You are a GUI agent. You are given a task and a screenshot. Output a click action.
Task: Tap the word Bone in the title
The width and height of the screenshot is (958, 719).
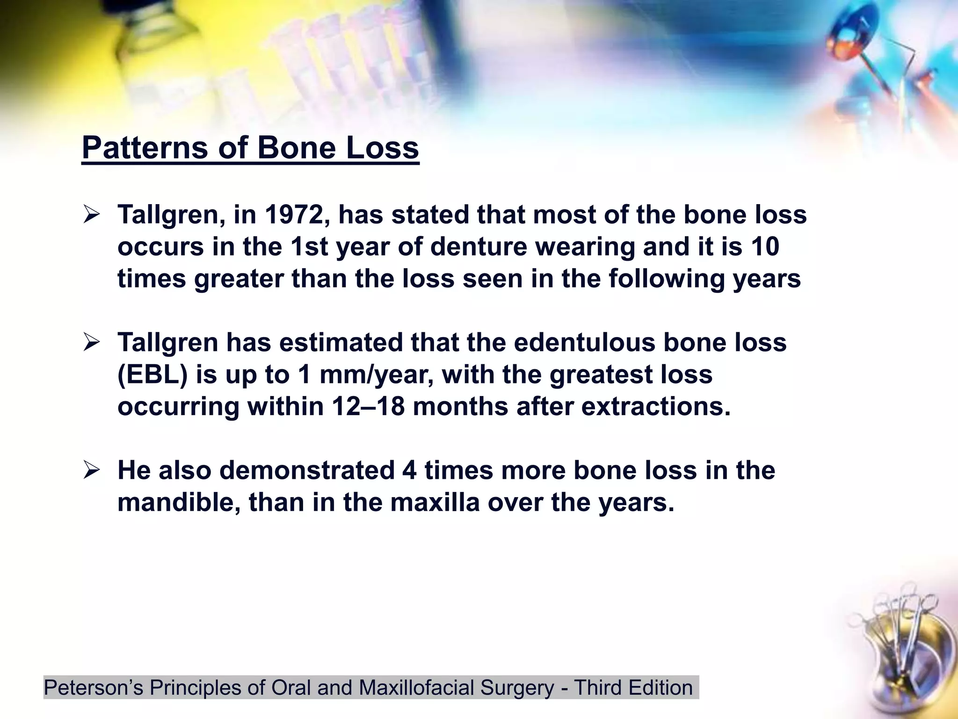(x=297, y=148)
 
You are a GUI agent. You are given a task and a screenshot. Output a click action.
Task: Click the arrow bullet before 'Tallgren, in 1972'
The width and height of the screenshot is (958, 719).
(x=92, y=215)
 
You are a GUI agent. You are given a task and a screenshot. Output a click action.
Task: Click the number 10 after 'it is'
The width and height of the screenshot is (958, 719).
(x=765, y=247)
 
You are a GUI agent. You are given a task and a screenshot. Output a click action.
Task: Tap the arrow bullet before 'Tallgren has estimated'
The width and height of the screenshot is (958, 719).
(x=92, y=343)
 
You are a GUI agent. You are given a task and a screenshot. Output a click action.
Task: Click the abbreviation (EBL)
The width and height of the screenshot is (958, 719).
(x=152, y=374)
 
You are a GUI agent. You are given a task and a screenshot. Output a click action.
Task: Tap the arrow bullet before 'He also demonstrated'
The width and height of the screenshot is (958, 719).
(x=92, y=470)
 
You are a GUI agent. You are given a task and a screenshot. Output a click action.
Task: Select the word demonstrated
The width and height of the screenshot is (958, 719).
(x=307, y=470)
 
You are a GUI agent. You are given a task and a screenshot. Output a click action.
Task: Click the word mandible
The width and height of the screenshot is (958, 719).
(x=179, y=502)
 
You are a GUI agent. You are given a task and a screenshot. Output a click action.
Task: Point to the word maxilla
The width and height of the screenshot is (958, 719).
(x=435, y=502)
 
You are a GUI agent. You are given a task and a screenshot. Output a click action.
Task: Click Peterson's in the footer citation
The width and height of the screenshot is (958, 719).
(x=93, y=688)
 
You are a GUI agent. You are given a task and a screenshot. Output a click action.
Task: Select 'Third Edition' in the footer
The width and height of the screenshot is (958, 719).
(x=633, y=688)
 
